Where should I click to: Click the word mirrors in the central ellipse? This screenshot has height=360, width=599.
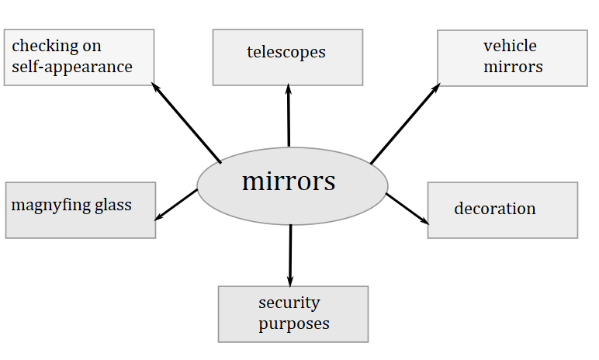[x=289, y=182]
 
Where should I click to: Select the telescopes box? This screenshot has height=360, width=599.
[x=288, y=57]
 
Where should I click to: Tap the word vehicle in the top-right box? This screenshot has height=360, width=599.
[x=510, y=46]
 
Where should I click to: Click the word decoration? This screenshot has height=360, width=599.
[x=495, y=209]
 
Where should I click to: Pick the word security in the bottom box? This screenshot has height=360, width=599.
[x=289, y=303]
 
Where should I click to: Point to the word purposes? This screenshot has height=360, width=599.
[x=294, y=323]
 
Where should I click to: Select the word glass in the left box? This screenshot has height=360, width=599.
[x=109, y=206]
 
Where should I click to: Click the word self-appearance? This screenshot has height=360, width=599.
[x=72, y=67]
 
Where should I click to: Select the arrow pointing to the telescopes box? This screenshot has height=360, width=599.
[x=289, y=116]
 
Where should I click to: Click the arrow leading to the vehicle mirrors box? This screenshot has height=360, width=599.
[x=404, y=124]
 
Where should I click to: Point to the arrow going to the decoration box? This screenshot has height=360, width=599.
[x=407, y=209]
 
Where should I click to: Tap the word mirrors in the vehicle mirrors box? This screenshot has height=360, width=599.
[x=513, y=67]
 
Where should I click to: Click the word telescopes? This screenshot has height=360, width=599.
[x=286, y=53]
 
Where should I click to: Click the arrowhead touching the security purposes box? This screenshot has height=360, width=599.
[x=290, y=280]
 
